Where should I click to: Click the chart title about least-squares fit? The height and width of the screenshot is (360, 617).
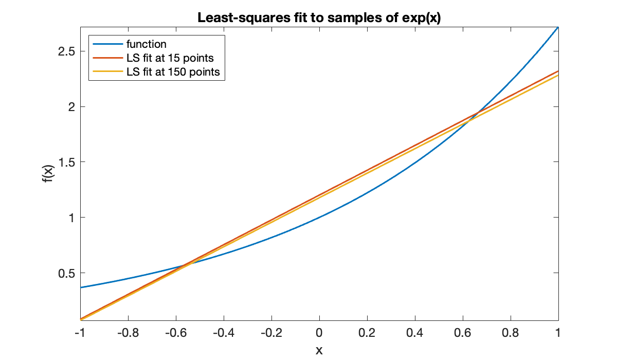click(x=319, y=17)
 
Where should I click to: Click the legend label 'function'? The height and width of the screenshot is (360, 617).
click(x=147, y=44)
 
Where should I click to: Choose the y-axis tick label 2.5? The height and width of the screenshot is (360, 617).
click(x=64, y=52)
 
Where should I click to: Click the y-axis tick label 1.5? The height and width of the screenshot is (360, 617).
click(x=64, y=163)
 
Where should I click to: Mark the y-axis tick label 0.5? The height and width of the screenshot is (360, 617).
click(x=64, y=273)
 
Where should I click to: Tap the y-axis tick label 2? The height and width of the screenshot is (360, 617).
click(x=69, y=107)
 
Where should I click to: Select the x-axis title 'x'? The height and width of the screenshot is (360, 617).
click(x=319, y=350)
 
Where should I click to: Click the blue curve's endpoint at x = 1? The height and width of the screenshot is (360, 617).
click(x=558, y=27)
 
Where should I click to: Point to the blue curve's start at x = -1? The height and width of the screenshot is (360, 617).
click(x=81, y=287)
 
